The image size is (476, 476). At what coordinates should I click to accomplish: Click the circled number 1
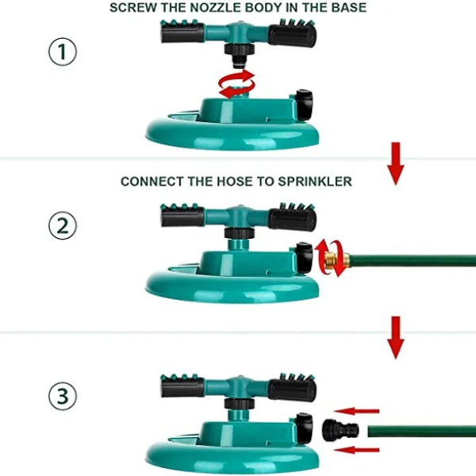click(x=63, y=52)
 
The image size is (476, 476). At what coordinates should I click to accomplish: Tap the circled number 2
click(x=63, y=225)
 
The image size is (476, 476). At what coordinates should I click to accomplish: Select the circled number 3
click(x=63, y=396)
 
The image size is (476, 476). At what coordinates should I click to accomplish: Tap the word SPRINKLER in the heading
click(x=315, y=181)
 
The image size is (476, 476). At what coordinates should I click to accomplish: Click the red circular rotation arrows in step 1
click(x=236, y=83)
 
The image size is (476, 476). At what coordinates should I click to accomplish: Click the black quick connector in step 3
click(x=340, y=430)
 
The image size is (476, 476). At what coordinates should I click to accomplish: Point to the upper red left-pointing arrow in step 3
click(x=356, y=411)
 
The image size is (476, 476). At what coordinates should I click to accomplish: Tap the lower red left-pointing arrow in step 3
click(x=358, y=450)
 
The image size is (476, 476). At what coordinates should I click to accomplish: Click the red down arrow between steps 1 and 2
click(x=396, y=163)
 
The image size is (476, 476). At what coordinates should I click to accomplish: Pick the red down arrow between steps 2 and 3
click(x=396, y=338)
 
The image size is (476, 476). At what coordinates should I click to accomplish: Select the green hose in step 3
click(x=422, y=432)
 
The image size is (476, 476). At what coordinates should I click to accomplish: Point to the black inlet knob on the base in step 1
click(x=304, y=105)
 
